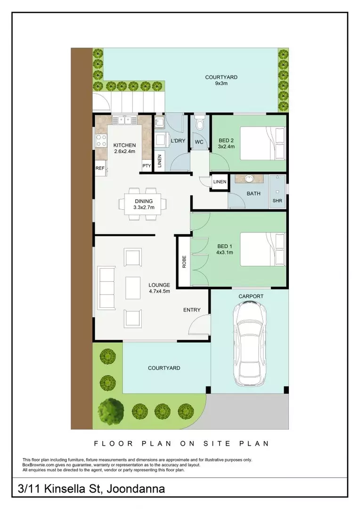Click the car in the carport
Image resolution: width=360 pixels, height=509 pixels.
(x=250, y=344)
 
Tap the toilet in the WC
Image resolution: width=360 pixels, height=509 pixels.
(x=200, y=123)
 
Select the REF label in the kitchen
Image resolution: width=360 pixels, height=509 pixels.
(x=100, y=168)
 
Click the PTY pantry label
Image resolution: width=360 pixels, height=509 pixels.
(x=147, y=165)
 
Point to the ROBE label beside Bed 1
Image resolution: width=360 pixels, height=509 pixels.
(x=184, y=262)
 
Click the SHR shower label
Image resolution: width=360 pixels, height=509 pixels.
(x=277, y=201)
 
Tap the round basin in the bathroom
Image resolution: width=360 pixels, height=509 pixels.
(x=249, y=179)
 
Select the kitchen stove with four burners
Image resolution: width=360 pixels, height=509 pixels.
(x=101, y=141)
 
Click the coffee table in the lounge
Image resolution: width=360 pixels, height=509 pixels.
(x=133, y=287)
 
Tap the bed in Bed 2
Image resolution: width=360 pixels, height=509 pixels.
(x=262, y=143)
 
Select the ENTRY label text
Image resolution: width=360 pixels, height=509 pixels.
(x=192, y=310)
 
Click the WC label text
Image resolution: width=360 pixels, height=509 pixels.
(x=199, y=142)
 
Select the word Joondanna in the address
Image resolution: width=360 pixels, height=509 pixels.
(x=135, y=489)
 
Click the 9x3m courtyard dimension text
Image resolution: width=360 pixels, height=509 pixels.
(x=221, y=83)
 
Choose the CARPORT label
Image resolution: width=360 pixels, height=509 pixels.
(x=251, y=296)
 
